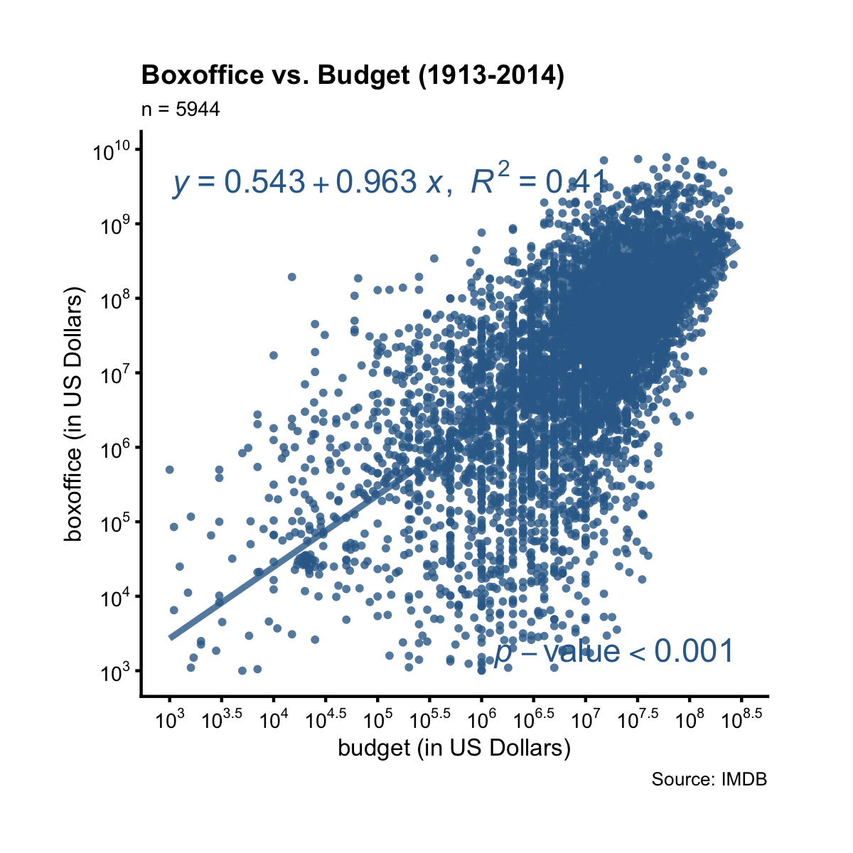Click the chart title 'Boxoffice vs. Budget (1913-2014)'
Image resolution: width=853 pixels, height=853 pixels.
353,75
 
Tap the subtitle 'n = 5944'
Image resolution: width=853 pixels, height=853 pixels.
181,109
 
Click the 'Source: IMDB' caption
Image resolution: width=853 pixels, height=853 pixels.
709,780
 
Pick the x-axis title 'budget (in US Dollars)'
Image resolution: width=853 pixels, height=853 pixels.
454,749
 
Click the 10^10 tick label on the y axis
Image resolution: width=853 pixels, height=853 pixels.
112,151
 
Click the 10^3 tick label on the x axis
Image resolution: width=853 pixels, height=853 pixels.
169,720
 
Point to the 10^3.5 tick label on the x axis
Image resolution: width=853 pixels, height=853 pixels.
222,720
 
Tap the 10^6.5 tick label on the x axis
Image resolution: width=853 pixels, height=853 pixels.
534,720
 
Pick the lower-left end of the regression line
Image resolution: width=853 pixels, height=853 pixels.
171,637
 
